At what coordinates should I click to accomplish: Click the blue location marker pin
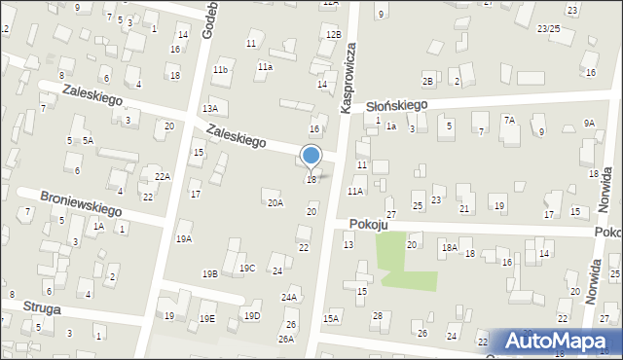311,156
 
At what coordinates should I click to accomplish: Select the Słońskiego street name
397,105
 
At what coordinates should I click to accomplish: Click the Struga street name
45,308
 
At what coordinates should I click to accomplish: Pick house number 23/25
549,29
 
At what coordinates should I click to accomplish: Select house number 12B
334,35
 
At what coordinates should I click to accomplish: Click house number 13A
209,109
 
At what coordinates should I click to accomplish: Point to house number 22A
163,176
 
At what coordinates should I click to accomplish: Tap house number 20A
275,202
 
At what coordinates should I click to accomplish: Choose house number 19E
207,318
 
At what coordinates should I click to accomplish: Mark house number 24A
289,298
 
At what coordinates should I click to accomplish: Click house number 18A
449,248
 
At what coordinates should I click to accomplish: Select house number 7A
509,120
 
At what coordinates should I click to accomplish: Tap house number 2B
427,80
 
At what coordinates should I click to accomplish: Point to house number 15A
331,318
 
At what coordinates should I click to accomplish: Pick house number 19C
247,269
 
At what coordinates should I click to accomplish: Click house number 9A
589,123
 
